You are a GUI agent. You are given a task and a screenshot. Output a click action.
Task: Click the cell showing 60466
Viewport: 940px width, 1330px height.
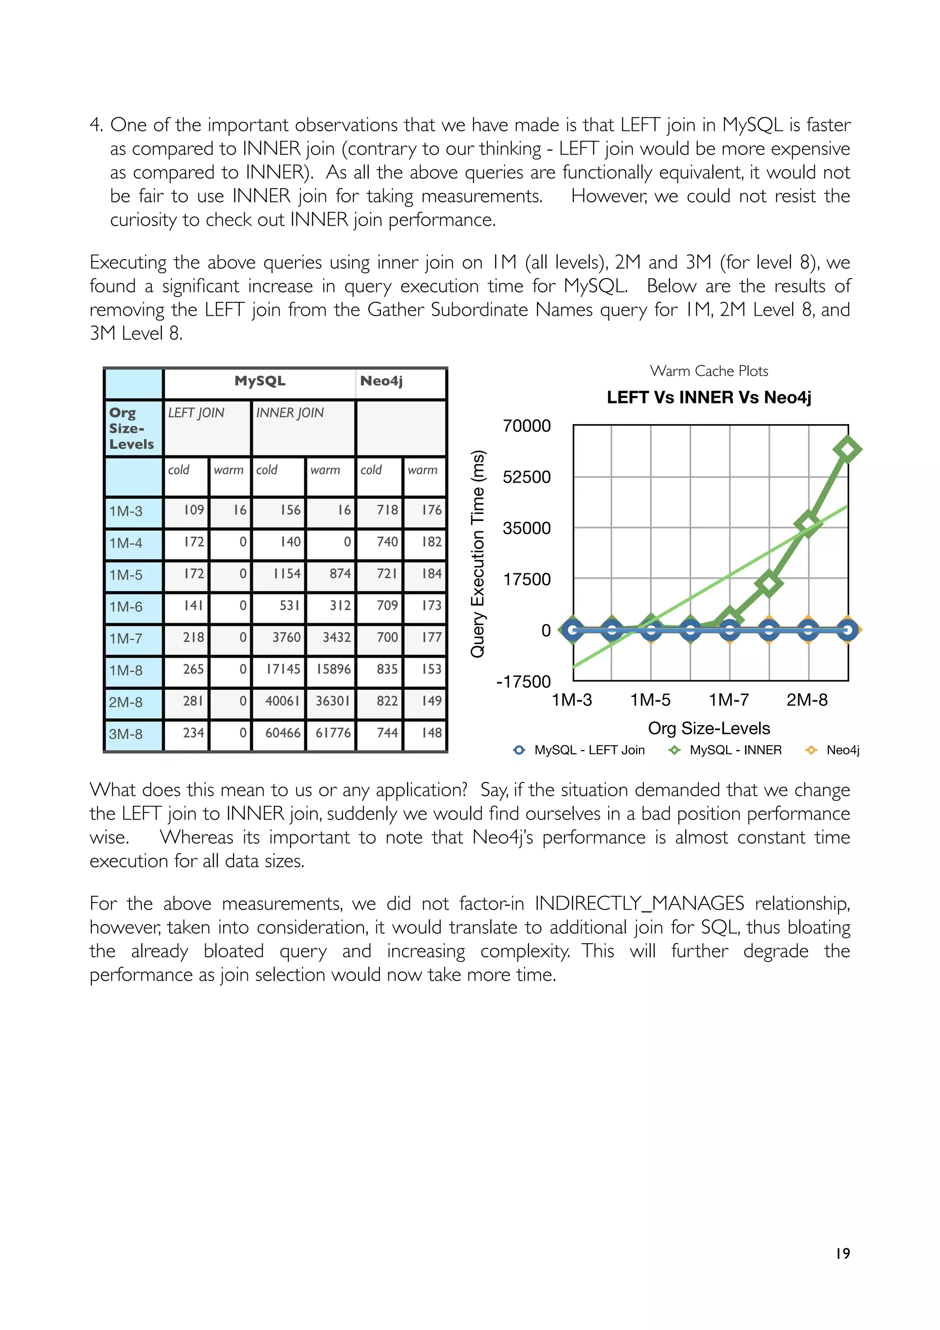(x=283, y=733)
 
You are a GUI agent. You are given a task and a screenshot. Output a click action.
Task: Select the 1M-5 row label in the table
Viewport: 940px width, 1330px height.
(x=126, y=575)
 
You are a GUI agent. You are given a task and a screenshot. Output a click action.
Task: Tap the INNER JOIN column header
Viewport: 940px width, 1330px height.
(x=290, y=413)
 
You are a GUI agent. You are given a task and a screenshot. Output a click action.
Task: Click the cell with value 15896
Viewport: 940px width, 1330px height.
(x=334, y=669)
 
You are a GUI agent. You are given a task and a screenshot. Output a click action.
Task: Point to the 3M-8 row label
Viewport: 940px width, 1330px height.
(x=126, y=734)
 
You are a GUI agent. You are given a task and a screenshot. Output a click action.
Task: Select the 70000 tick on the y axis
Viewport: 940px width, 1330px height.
(x=526, y=426)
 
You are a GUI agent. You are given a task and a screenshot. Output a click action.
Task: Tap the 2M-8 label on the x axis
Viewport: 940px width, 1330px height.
(x=807, y=700)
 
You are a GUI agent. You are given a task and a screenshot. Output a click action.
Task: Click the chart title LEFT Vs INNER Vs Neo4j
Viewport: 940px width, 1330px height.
(x=709, y=397)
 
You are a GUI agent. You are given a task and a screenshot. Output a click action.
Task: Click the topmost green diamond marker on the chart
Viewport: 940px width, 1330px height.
(x=847, y=449)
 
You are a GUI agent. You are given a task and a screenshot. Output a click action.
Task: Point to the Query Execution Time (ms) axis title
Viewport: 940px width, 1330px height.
(x=477, y=554)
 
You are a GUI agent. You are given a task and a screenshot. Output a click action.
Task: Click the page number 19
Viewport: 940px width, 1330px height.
(x=842, y=1253)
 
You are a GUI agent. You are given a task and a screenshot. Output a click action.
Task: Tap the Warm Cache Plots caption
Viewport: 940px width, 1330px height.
(x=709, y=371)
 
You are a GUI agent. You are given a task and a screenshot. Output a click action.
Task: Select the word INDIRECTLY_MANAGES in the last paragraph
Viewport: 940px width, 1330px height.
(x=639, y=903)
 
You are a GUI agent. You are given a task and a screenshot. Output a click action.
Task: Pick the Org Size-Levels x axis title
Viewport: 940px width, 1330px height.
(x=709, y=728)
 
